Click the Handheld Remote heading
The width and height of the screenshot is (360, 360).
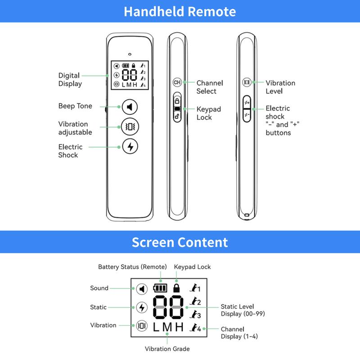tap(180, 11)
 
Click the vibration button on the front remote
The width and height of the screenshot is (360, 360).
tap(130, 127)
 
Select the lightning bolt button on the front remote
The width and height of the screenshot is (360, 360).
tap(130, 147)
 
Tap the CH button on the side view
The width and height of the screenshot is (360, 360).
tap(177, 83)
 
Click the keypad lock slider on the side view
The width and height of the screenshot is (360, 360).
tap(177, 108)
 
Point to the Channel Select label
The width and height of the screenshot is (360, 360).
tap(209, 87)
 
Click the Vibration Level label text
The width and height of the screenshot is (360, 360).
tap(280, 87)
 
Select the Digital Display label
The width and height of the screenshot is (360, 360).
tap(70, 80)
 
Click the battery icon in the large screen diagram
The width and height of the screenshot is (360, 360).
tap(159, 287)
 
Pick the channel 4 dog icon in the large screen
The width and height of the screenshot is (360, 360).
tap(195, 328)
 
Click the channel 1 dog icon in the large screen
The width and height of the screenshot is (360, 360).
tap(195, 288)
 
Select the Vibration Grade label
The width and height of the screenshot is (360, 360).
tap(167, 349)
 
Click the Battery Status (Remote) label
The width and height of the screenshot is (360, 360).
tap(132, 267)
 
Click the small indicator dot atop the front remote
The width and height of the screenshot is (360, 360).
tap(129, 50)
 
